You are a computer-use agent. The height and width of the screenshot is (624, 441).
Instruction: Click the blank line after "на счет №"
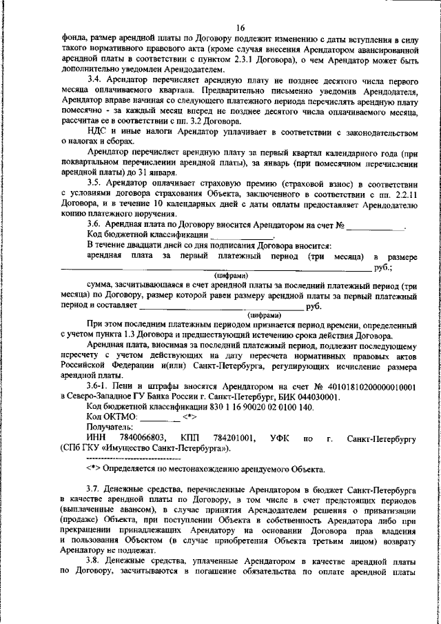[x=376, y=225]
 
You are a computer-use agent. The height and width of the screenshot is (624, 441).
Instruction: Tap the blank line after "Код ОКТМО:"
[x=160, y=418]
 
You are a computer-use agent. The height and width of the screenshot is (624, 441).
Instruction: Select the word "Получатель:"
[x=111, y=427]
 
